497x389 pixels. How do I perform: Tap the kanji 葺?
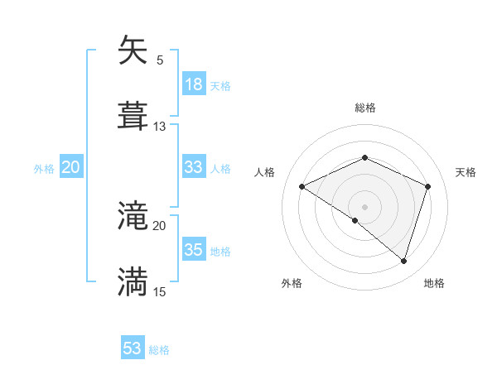[x=133, y=116]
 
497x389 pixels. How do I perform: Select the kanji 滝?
[x=133, y=216]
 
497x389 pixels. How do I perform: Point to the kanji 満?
[x=133, y=281]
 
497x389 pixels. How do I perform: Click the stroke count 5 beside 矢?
[x=159, y=60]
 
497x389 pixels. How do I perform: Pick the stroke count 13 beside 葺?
[x=160, y=127]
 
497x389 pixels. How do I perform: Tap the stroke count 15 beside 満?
[x=160, y=292]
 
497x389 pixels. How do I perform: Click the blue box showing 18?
[x=194, y=84]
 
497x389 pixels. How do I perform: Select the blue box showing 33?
[x=194, y=167]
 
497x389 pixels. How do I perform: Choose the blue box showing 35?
[x=194, y=250]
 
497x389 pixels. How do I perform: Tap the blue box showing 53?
[x=133, y=348]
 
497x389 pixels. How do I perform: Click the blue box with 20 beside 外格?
[x=70, y=167]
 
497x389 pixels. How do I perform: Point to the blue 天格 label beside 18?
[x=220, y=85]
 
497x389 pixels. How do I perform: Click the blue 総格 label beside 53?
[x=159, y=350]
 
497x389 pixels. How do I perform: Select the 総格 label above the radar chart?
[x=365, y=108]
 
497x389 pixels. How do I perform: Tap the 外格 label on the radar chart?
[x=292, y=284]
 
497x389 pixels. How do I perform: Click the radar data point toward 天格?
[x=428, y=186]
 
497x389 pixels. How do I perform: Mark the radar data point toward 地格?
[x=403, y=261]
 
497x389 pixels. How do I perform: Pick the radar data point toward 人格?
[x=302, y=186]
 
